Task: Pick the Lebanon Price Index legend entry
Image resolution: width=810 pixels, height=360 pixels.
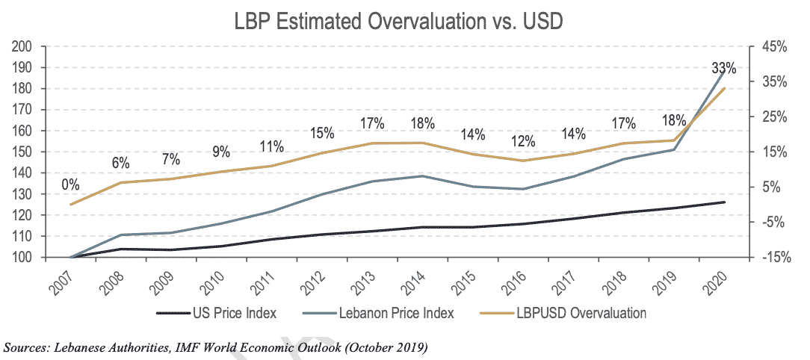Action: click(x=404, y=313)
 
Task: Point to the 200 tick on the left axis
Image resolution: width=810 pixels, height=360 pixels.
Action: click(x=23, y=46)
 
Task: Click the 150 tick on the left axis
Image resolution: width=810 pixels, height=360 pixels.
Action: click(x=23, y=152)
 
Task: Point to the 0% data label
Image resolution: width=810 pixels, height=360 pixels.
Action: click(x=70, y=184)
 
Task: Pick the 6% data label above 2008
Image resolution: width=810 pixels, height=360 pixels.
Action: click(x=121, y=163)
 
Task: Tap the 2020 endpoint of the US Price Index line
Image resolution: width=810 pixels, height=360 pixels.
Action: click(x=724, y=202)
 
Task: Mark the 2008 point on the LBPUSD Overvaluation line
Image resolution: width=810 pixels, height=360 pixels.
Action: click(x=121, y=182)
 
